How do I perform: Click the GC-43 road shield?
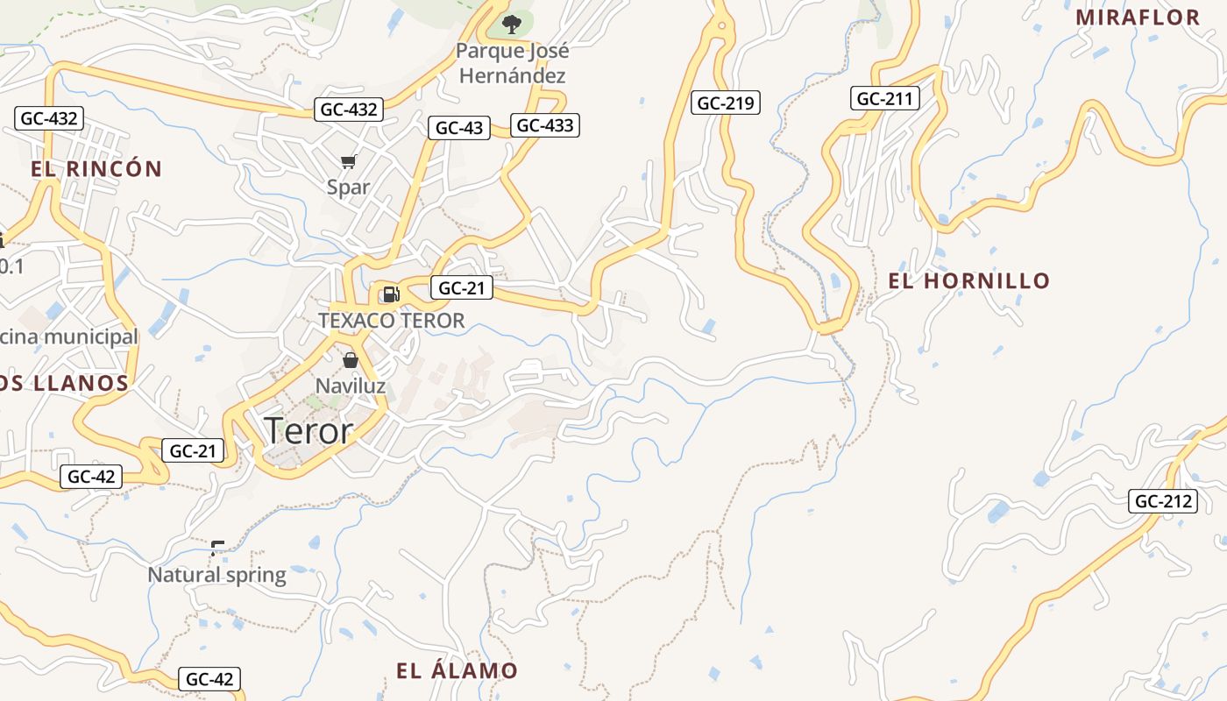coord(459,128)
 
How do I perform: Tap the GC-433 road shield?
coord(545,125)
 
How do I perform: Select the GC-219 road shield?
coord(726,103)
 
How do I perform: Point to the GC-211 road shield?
coord(885,98)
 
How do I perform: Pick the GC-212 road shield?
coord(1163,502)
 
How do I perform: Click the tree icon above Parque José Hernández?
coord(511,25)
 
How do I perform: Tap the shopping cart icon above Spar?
coord(348,161)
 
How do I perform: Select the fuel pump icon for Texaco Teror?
coord(391,294)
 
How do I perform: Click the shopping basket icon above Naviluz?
coord(351,360)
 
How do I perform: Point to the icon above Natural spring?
coord(216,549)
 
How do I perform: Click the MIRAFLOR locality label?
coord(1138,18)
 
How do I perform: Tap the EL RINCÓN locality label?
coord(97,169)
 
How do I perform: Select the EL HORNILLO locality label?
coord(969,281)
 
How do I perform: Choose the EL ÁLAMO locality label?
coord(457,671)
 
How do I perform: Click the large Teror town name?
coord(309,431)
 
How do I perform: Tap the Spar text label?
coord(348,187)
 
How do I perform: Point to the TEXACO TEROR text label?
coord(391,321)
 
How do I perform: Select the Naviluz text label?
coord(351,386)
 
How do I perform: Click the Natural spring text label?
coord(216,575)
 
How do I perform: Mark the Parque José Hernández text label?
coord(512,63)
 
